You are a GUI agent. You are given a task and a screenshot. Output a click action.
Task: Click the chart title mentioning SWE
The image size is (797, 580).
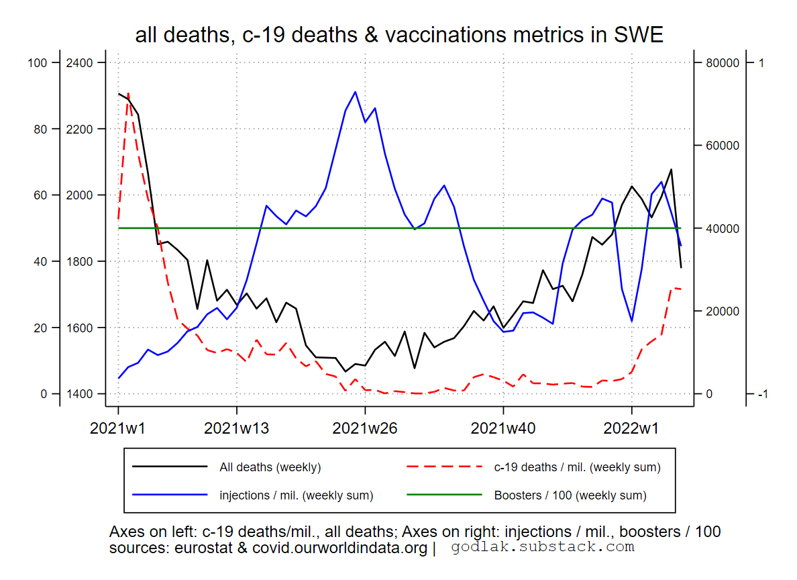click(398, 34)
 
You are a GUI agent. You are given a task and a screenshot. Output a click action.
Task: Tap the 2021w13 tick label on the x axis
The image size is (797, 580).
click(236, 428)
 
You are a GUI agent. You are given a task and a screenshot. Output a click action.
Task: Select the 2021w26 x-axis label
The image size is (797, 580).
click(365, 428)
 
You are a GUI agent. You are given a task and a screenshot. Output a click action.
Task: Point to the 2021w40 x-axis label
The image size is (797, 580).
click(503, 428)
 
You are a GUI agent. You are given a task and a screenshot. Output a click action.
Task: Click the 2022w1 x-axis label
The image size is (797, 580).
click(632, 428)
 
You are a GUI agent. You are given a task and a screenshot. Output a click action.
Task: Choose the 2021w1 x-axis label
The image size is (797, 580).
click(118, 428)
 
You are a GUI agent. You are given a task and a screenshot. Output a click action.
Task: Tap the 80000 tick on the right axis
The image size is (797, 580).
click(719, 63)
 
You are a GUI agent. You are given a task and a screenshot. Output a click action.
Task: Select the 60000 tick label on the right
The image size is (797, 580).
click(719, 146)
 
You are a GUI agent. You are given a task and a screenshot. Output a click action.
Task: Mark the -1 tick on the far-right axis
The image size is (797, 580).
click(761, 394)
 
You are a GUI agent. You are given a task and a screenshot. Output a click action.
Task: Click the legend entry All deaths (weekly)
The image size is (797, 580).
click(270, 467)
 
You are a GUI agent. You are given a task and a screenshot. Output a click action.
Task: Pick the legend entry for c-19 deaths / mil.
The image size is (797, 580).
click(577, 467)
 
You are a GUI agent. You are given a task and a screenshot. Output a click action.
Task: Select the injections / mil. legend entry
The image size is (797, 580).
click(296, 495)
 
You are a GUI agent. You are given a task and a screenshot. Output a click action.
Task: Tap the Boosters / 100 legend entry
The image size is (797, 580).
click(570, 495)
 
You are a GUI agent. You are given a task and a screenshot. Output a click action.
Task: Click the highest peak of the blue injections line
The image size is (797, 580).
click(355, 92)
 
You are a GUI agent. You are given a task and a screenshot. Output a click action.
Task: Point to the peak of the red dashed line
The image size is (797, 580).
click(127, 93)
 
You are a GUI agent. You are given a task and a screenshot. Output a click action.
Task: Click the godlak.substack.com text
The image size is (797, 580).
click(542, 547)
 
